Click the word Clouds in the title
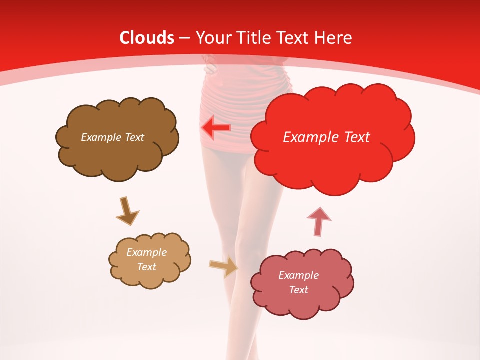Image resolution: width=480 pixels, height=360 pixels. pos(147,38)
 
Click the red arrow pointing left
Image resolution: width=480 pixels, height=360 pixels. pos(216,128)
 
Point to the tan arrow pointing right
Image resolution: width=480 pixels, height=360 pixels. pos(224,266)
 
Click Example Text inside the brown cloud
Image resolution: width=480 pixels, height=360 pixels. pos(112,137)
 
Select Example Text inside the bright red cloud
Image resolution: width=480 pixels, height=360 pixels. pos(326,137)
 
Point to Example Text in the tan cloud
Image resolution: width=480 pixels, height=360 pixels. pos(146,259)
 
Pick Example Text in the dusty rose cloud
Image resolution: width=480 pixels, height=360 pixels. pos(298,282)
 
